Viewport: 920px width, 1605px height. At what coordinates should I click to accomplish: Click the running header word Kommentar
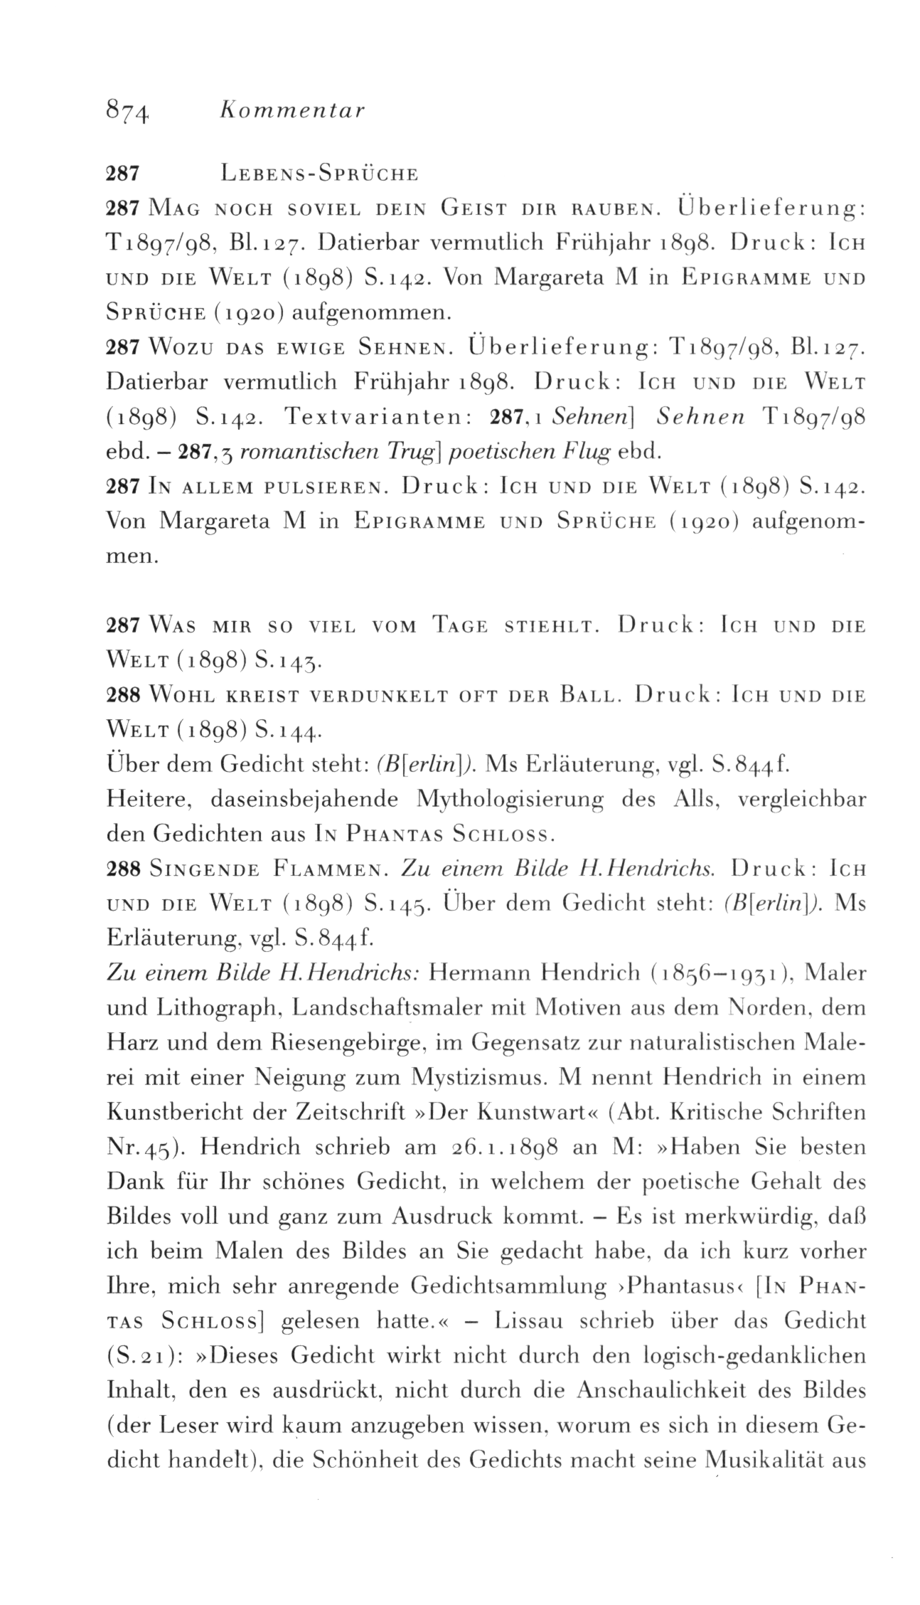click(292, 111)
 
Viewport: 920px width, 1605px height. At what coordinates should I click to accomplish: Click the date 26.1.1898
click(507, 1147)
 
